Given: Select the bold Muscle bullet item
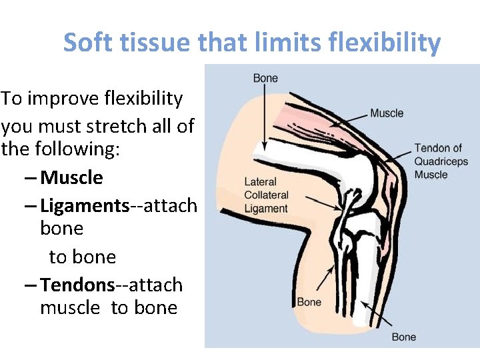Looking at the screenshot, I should pos(71,178).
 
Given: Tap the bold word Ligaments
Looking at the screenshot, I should pos(85,205).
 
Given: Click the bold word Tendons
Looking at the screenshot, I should pos(78,285).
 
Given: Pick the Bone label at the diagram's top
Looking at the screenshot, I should pos(265,79).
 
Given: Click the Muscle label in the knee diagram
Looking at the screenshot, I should pos(387,113).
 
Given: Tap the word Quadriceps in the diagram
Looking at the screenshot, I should pos(441,161).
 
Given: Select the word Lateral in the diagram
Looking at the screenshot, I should pos(260,182).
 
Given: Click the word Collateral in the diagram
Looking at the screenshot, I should pos(266,195).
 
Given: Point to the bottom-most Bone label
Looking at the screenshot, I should pos(404,337).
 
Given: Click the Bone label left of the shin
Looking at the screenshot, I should pos(309,302).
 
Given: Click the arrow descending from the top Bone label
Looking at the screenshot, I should pos(265,117).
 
